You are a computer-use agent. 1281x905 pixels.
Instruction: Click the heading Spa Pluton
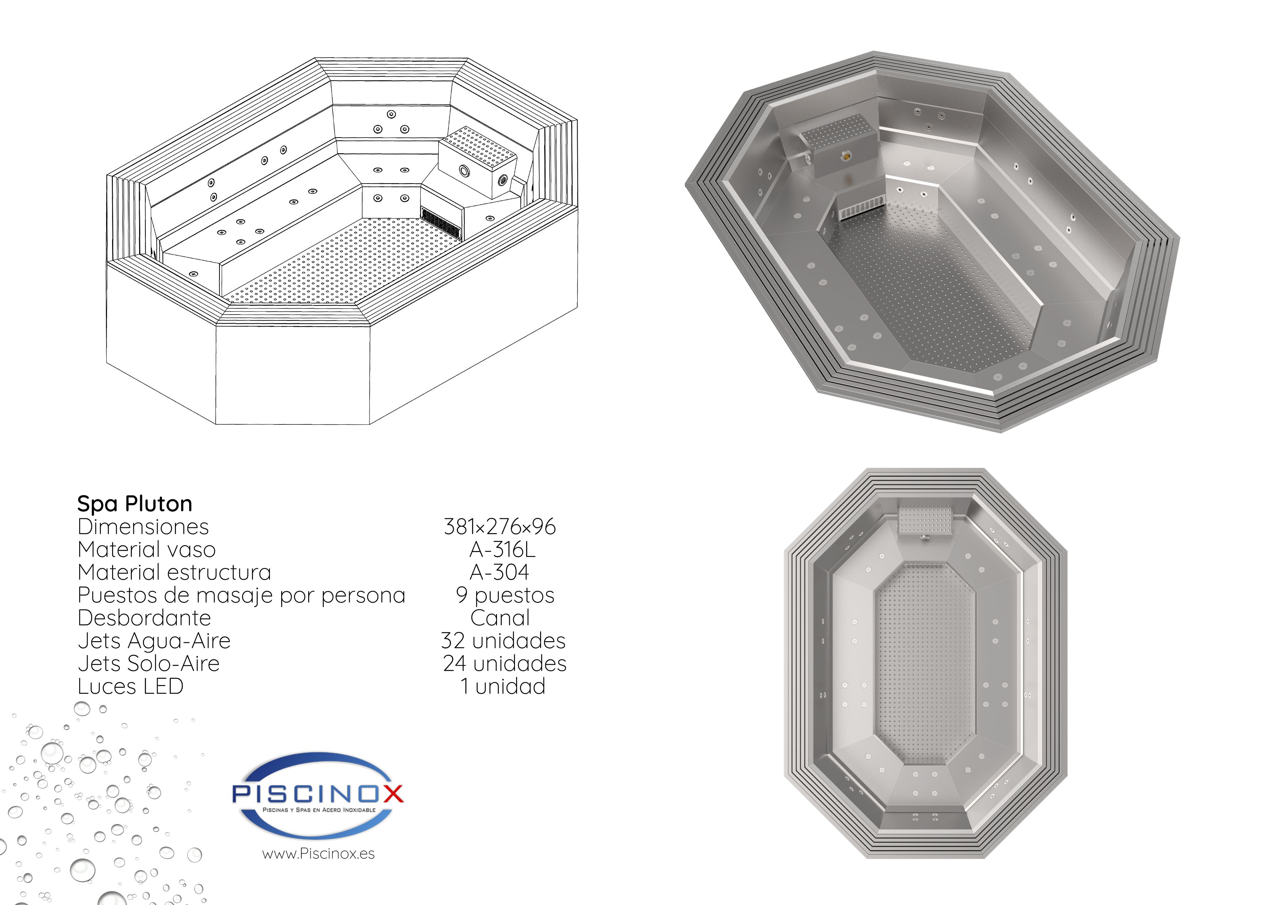(x=134, y=504)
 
